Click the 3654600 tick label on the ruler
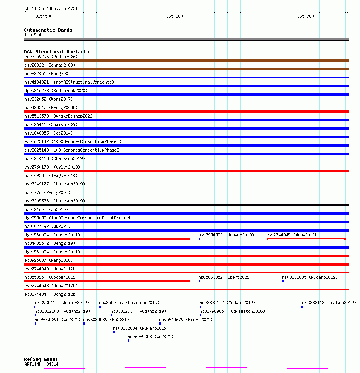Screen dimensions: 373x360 coord(174,16)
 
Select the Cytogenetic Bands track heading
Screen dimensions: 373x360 coord(48,30)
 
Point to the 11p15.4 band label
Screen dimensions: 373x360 coord(32,35)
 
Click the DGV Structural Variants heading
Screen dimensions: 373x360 coord(56,52)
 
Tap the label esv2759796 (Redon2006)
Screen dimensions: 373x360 coord(51,57)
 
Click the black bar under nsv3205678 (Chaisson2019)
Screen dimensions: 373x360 coord(186,205)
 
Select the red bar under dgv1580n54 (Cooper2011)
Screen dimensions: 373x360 coord(107,239)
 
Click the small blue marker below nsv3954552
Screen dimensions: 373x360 coord(199,239)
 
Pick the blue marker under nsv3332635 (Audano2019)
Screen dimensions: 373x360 coord(283,281)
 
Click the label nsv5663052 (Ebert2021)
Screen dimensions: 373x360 coord(225,277)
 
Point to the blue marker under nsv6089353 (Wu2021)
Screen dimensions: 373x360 coord(129,341)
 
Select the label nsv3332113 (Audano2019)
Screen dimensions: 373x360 coord(328,303)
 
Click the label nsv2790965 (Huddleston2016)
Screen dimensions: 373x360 coord(232,311)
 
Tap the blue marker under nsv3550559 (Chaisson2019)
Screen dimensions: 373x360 coord(100,307)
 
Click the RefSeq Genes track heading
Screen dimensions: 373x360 coord(41,359)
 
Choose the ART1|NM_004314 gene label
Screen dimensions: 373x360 coord(41,364)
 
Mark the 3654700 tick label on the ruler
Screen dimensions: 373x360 coord(305,16)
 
